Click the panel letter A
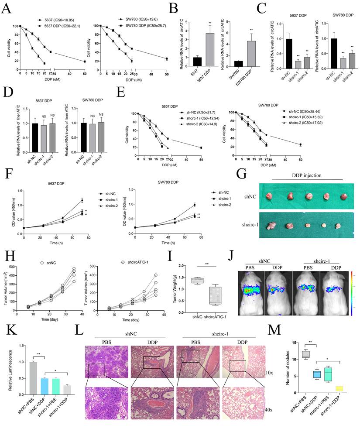point(7,9)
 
